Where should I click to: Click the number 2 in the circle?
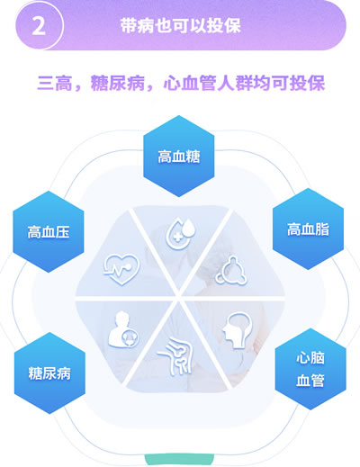pos(39,26)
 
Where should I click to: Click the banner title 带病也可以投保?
pos(181,25)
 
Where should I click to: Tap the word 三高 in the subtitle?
pos(55,83)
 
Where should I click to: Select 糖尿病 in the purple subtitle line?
pos(118,83)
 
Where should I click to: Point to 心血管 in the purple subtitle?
pos(190,83)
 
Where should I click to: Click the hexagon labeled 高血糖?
pos(179,156)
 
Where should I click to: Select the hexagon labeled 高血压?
pos(49,232)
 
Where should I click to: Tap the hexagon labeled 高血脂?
pos(308,229)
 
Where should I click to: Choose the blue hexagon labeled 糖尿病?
pos(49,373)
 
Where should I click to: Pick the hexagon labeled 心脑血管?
pos(310,369)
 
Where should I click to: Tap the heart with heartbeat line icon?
pos(121,269)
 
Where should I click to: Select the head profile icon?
pos(237,330)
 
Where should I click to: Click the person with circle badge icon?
pos(123,330)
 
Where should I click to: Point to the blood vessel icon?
pos(175,356)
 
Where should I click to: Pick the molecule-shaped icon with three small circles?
pos(231,270)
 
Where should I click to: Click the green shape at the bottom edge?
pos(179,460)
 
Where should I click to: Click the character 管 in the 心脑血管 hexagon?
pos(318,381)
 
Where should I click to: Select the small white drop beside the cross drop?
pos(189,228)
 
